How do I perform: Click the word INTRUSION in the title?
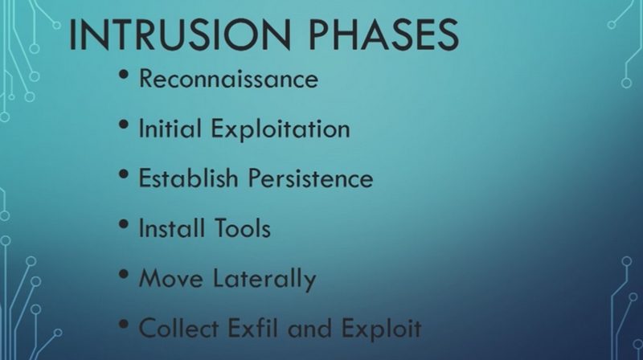tap(180, 35)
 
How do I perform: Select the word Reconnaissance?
tap(228, 78)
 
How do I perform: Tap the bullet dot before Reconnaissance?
tap(124, 74)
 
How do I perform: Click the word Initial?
tap(170, 128)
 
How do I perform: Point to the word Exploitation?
tap(281, 129)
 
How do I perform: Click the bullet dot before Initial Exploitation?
tap(124, 125)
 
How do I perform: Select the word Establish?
tap(188, 178)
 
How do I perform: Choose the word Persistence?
tap(310, 178)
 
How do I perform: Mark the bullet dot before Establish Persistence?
tap(124, 174)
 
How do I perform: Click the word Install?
tap(171, 228)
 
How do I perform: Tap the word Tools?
tap(243, 228)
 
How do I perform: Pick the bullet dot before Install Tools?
tap(124, 224)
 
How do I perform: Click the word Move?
tap(170, 278)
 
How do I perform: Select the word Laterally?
tap(264, 279)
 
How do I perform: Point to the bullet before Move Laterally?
tap(124, 274)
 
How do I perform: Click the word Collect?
tap(178, 328)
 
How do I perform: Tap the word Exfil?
tap(252, 328)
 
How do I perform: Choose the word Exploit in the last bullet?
tap(381, 329)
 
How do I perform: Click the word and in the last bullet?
tap(309, 328)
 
